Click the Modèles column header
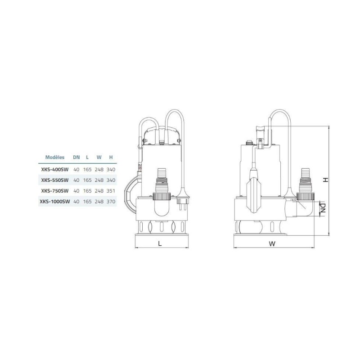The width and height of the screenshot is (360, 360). pos(55,157)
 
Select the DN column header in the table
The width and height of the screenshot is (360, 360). pos(76,157)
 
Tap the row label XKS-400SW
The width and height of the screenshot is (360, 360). pos(55,170)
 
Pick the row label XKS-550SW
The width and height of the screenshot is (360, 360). pos(55,180)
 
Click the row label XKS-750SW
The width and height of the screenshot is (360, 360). pos(55,191)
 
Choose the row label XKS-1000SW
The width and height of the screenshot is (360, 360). pos(55,202)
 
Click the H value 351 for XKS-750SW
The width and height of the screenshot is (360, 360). pos(111,191)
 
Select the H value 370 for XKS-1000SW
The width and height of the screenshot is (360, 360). pos(111,202)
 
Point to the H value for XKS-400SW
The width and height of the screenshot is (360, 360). pos(111,170)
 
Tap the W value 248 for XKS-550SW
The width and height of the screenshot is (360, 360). pos(99,180)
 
